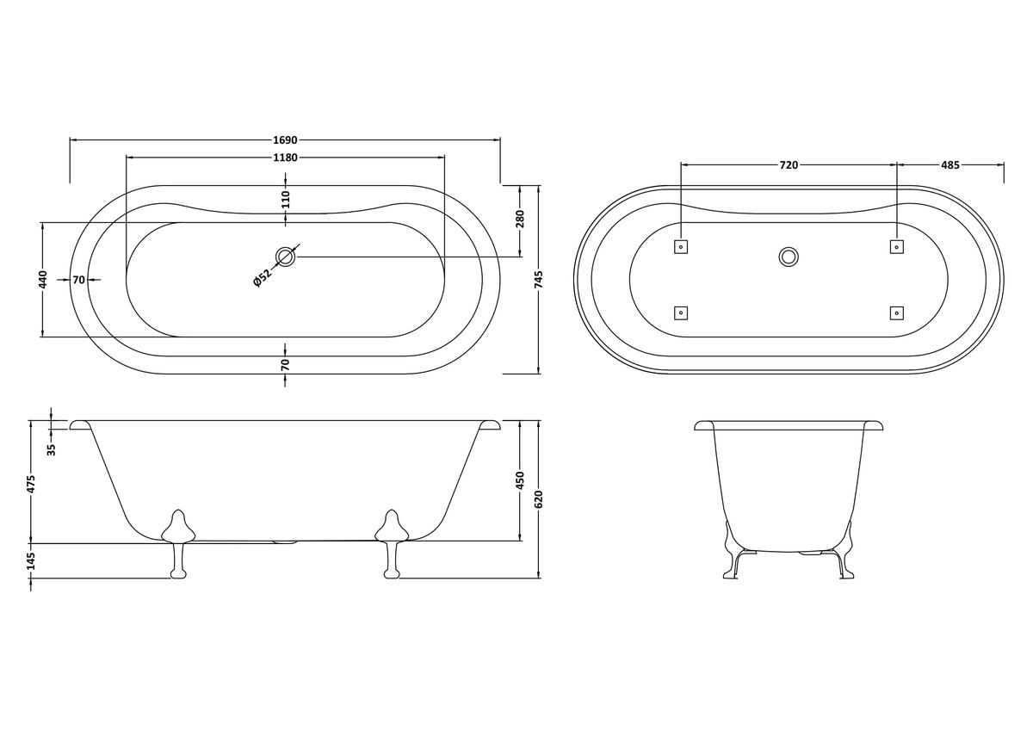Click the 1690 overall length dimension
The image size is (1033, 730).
(286, 139)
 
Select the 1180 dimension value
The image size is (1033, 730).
(286, 158)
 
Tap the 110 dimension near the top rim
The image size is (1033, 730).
(286, 199)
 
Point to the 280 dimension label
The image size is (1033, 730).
(520, 219)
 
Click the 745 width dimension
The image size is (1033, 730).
(539, 280)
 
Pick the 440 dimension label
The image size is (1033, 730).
(42, 280)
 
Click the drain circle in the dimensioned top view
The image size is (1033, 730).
(286, 257)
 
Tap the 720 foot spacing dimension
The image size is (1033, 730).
(789, 165)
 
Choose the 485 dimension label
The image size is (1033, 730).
(950, 165)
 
